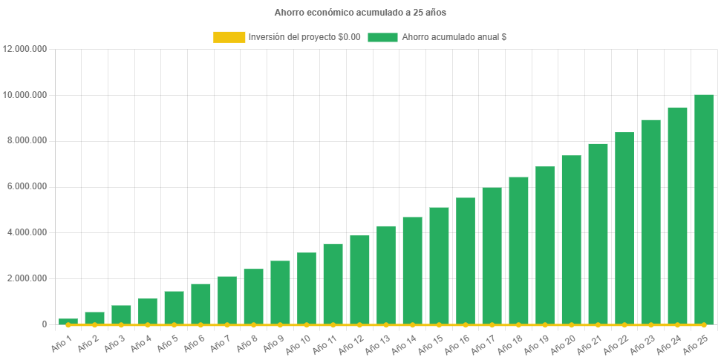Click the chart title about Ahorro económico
click(x=360, y=13)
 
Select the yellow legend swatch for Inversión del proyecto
click(x=229, y=37)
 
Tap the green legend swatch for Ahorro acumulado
click(x=382, y=37)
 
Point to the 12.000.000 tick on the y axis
click(x=26, y=49)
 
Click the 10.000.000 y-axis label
click(x=26, y=95)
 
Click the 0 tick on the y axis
click(x=44, y=324)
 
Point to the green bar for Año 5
click(x=174, y=307)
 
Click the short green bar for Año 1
click(x=68, y=321)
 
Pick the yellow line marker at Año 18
click(x=518, y=324)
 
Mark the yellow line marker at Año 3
click(x=121, y=324)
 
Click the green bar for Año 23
click(x=650, y=222)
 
